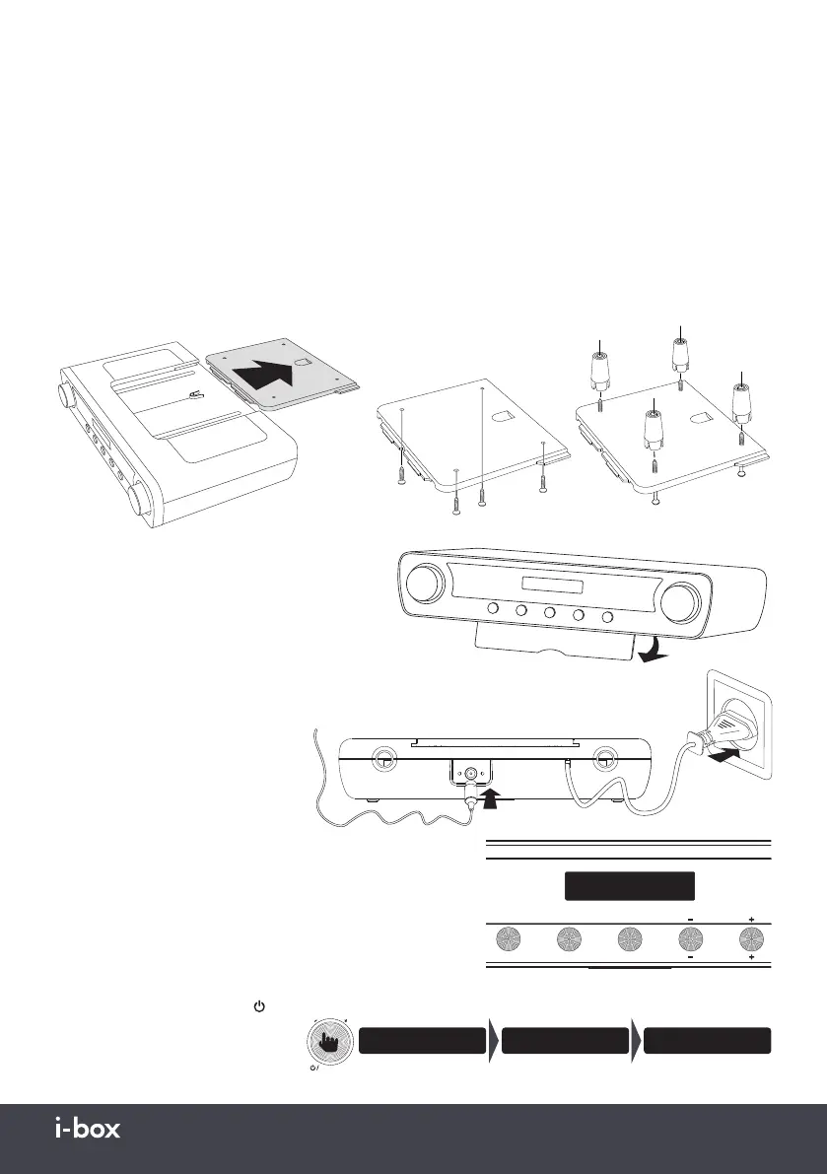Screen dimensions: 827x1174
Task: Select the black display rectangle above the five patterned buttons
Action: pos(629,885)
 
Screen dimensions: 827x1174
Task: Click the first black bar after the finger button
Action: pos(422,1040)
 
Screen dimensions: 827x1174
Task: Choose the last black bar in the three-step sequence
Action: pos(707,1040)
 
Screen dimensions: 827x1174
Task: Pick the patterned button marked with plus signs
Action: pos(752,937)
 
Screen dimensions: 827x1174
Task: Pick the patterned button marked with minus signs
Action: pos(690,937)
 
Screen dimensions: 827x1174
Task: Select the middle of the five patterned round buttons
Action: pos(629,937)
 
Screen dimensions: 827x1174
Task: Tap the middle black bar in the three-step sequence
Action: pos(565,1040)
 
